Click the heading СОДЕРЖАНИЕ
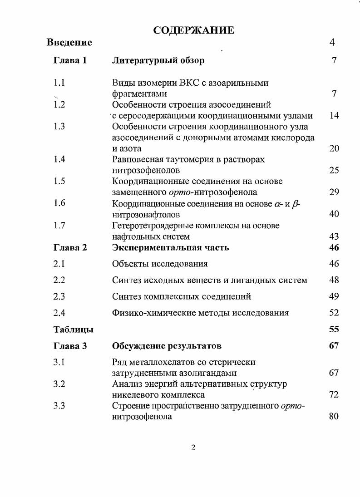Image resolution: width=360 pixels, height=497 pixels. tap(193, 30)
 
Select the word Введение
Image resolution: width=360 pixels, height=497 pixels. tap(69, 43)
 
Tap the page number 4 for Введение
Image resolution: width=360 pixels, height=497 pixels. tap(332, 43)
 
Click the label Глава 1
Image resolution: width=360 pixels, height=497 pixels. tap(70, 60)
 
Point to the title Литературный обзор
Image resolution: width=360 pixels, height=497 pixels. tap(158, 60)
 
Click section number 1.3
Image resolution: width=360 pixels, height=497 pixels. tap(59, 127)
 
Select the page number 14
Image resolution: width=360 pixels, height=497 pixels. tap(334, 116)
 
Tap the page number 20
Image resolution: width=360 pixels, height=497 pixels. tap(334, 148)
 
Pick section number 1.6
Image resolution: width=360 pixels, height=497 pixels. tap(59, 203)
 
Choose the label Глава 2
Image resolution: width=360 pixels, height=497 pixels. tap(70, 248)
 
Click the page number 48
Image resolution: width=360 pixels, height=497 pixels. tap(334, 280)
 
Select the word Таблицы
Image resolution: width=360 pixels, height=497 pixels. tap(74, 330)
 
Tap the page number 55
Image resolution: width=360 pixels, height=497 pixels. tap(334, 330)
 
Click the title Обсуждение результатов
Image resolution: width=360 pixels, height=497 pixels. tap(167, 346)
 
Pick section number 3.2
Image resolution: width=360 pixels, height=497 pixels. tap(59, 384)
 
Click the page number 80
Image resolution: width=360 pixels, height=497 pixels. tap(334, 416)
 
